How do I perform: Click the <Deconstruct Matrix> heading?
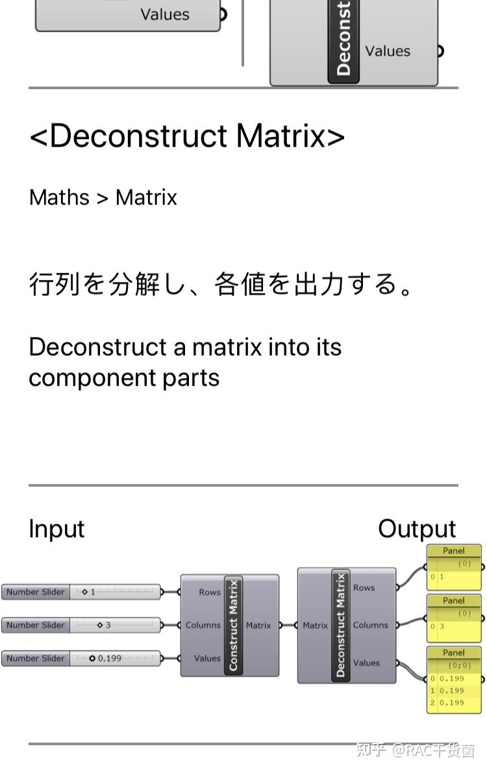click(187, 136)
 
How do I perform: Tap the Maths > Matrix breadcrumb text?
click(103, 197)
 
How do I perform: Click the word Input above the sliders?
click(56, 529)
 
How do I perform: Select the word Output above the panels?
click(417, 529)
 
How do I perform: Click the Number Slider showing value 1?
click(82, 592)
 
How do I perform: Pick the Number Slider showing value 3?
click(82, 625)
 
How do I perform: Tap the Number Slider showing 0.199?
click(82, 658)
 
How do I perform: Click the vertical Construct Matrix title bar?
click(233, 626)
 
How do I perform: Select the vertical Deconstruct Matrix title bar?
click(340, 626)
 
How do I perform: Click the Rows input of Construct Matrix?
click(209, 592)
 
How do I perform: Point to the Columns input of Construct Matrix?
click(203, 626)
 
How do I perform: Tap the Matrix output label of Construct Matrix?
click(258, 626)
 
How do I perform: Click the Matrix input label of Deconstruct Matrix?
click(315, 626)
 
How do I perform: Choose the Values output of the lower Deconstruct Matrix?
click(366, 663)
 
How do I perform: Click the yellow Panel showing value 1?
click(454, 568)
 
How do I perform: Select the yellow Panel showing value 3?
click(454, 618)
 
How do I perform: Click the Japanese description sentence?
click(221, 284)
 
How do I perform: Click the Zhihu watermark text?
click(416, 750)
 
